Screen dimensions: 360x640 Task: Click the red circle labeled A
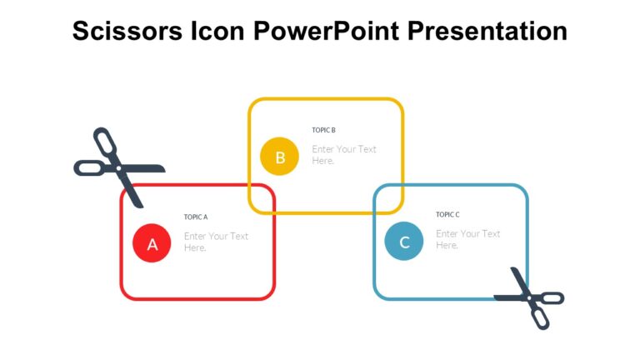[x=152, y=244]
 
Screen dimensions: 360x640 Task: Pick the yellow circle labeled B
[x=280, y=157]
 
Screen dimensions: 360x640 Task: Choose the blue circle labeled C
[x=404, y=242]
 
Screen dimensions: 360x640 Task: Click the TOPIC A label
[x=196, y=217]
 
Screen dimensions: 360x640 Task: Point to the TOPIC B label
[x=323, y=130]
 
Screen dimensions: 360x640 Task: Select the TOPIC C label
[x=447, y=214]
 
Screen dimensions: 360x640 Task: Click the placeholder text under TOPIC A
[x=216, y=242]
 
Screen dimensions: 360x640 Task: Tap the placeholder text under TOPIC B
[x=343, y=155]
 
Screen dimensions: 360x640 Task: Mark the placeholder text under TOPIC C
[x=467, y=239]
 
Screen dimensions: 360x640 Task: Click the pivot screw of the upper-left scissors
[x=119, y=168]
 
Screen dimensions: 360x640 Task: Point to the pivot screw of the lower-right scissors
[x=526, y=296]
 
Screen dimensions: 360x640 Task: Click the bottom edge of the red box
[x=197, y=298]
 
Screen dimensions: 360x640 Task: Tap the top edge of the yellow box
[x=326, y=99]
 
